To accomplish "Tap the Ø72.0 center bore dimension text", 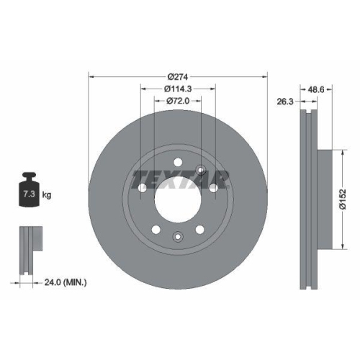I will pos(177,102).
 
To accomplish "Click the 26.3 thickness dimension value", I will pos(285,102).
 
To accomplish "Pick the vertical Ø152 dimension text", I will pos(343,197).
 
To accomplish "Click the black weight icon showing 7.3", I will pos(29,192).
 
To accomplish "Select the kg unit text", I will pos(47,195).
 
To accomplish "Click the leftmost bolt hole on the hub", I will pos(141,188).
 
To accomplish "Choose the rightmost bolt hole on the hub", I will pos(215,188).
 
